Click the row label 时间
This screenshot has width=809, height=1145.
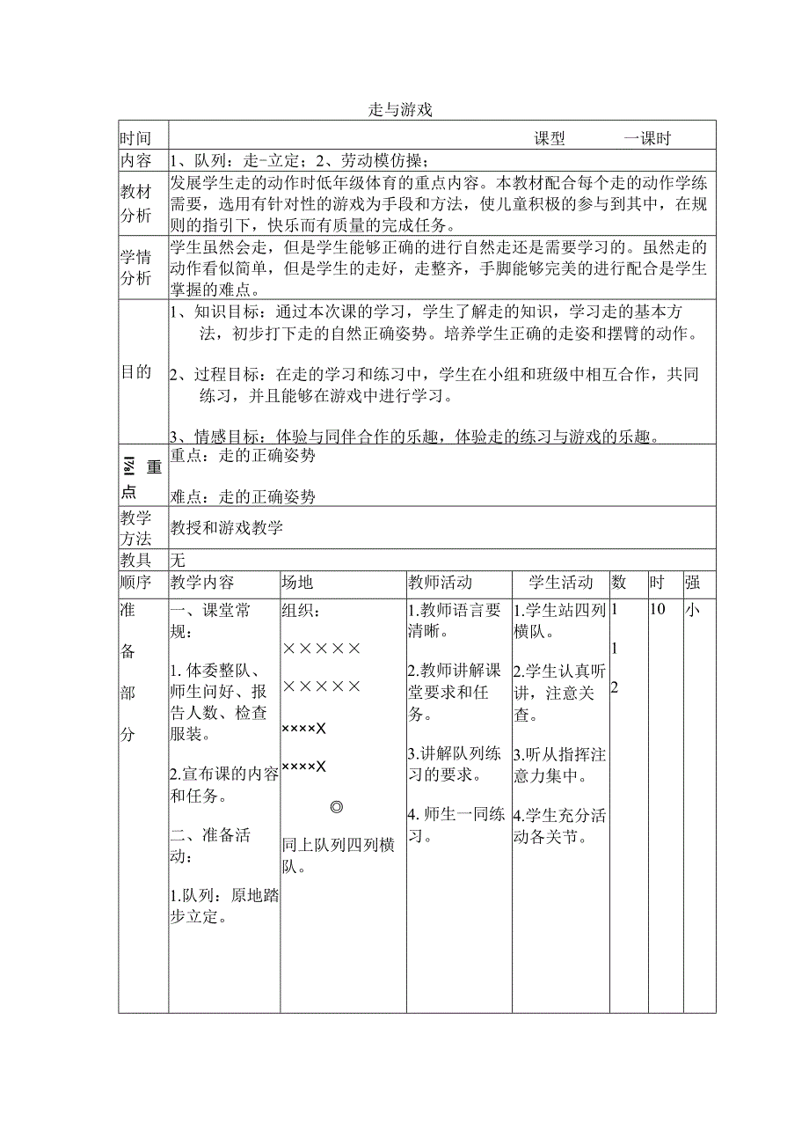tap(135, 138)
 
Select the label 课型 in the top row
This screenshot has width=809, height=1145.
tap(550, 138)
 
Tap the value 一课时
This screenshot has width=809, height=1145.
tap(647, 138)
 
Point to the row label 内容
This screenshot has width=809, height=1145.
tap(135, 161)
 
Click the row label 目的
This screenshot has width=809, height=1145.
tap(135, 372)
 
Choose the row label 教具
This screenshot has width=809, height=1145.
tap(135, 560)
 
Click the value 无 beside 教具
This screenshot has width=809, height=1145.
tap(179, 560)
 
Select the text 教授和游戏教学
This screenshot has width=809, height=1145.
tap(227, 528)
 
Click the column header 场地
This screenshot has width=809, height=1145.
tap(297, 583)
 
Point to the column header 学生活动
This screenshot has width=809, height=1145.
tap(561, 583)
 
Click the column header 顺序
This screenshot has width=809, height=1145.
tap(135, 583)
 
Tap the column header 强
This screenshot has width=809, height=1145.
tap(692, 583)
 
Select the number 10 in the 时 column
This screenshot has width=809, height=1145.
tap(658, 609)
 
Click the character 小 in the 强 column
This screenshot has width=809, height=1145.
tap(692, 609)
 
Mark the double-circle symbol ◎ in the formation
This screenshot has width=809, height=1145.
tap(336, 807)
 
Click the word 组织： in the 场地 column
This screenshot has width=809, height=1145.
tap(302, 611)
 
